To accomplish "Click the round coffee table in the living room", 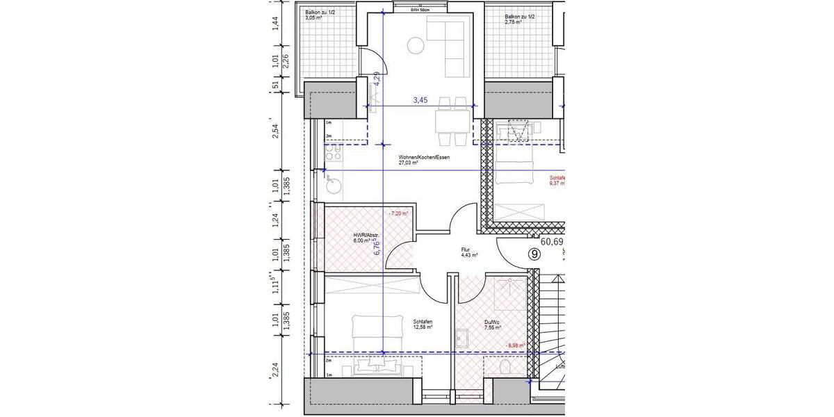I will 416,47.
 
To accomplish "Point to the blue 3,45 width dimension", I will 420,101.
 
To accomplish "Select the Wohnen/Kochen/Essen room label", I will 424,161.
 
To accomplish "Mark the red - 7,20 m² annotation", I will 399,213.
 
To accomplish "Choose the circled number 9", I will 534,254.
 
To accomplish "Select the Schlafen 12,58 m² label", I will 423,325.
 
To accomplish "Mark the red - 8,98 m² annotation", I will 515,345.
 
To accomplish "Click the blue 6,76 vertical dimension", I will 377,246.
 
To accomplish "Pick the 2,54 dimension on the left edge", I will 275,131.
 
